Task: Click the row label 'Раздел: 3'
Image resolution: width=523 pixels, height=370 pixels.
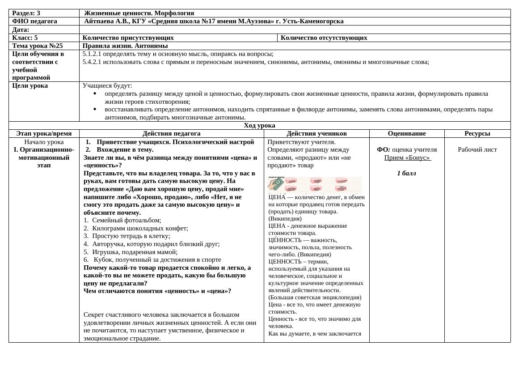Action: point(26,13)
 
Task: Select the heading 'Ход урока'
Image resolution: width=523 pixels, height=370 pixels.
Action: point(259,126)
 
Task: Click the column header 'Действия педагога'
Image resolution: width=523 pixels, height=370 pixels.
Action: point(171,133)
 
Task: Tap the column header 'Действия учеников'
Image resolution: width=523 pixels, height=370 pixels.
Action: point(316,133)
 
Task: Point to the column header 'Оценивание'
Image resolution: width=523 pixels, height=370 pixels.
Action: point(407,133)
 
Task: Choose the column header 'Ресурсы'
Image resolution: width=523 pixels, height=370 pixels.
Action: point(477,133)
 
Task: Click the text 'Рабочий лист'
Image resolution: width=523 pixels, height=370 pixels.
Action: point(477,149)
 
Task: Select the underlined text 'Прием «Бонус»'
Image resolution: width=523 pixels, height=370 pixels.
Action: point(407,157)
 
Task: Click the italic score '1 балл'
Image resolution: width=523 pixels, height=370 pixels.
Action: point(406,173)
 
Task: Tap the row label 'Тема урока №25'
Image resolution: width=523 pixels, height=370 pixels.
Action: point(38,46)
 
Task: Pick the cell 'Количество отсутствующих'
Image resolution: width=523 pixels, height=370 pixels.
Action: point(324,38)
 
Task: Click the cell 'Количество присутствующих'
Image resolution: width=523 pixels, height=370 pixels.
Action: point(128,38)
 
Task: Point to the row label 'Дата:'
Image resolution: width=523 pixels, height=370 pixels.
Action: point(21,30)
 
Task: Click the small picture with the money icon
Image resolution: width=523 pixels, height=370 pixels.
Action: point(315,184)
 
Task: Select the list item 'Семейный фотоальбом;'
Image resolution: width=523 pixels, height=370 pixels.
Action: point(127,220)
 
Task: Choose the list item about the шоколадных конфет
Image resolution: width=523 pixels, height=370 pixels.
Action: point(140,228)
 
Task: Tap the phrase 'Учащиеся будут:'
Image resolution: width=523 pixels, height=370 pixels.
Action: point(107,85)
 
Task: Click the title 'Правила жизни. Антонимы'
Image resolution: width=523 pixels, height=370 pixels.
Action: point(125,46)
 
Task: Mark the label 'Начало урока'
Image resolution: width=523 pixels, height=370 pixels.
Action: point(44,142)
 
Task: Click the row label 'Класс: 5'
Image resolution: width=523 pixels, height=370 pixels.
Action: point(25,38)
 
